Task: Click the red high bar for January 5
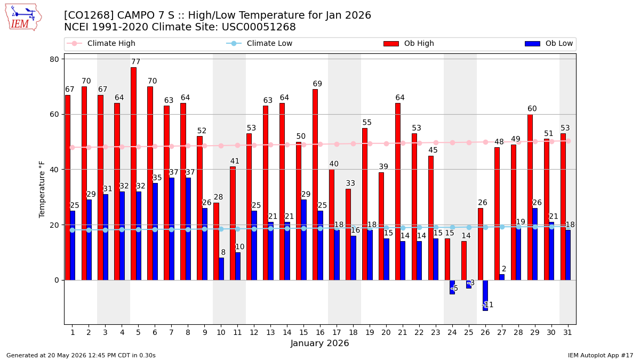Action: point(133,174)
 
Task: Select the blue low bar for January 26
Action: point(485,295)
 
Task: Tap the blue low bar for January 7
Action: point(172,229)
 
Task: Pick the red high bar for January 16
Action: point(315,185)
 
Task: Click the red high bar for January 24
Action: point(447,259)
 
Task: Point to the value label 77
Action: point(135,61)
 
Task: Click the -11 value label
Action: point(487,305)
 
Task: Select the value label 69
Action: point(317,84)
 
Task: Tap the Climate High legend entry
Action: point(101,43)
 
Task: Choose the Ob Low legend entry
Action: point(549,43)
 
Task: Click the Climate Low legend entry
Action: point(259,43)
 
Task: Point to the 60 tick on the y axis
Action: point(54,114)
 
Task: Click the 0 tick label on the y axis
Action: point(57,281)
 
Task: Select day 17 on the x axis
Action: point(337,332)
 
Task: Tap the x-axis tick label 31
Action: point(567,332)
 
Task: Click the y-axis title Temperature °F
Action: point(42,189)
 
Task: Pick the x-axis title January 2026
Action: point(319,343)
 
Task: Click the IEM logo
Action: point(23,18)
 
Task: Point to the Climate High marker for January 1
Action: point(73,147)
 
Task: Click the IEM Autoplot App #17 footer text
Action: point(601,355)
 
